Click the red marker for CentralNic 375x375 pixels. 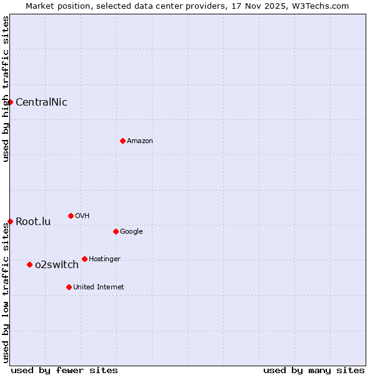tap(10, 102)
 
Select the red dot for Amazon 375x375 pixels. tap(122, 141)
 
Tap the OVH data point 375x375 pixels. tap(71, 216)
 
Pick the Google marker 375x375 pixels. tap(116, 231)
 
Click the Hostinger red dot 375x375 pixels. tap(84, 259)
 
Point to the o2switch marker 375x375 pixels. tap(29, 264)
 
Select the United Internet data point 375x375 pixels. tap(69, 287)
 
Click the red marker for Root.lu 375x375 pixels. tap(10, 221)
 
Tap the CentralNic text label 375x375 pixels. tap(41, 102)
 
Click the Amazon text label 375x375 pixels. tap(140, 141)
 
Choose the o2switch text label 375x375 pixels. tap(57, 265)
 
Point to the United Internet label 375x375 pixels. tap(99, 287)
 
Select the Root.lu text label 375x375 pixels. tap(33, 222)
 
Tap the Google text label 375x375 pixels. tap(131, 232)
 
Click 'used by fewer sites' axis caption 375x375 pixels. tap(64, 371)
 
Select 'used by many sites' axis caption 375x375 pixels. tap(314, 371)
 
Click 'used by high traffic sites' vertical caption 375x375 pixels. tap(6, 89)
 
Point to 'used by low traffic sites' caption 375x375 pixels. tap(6, 292)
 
